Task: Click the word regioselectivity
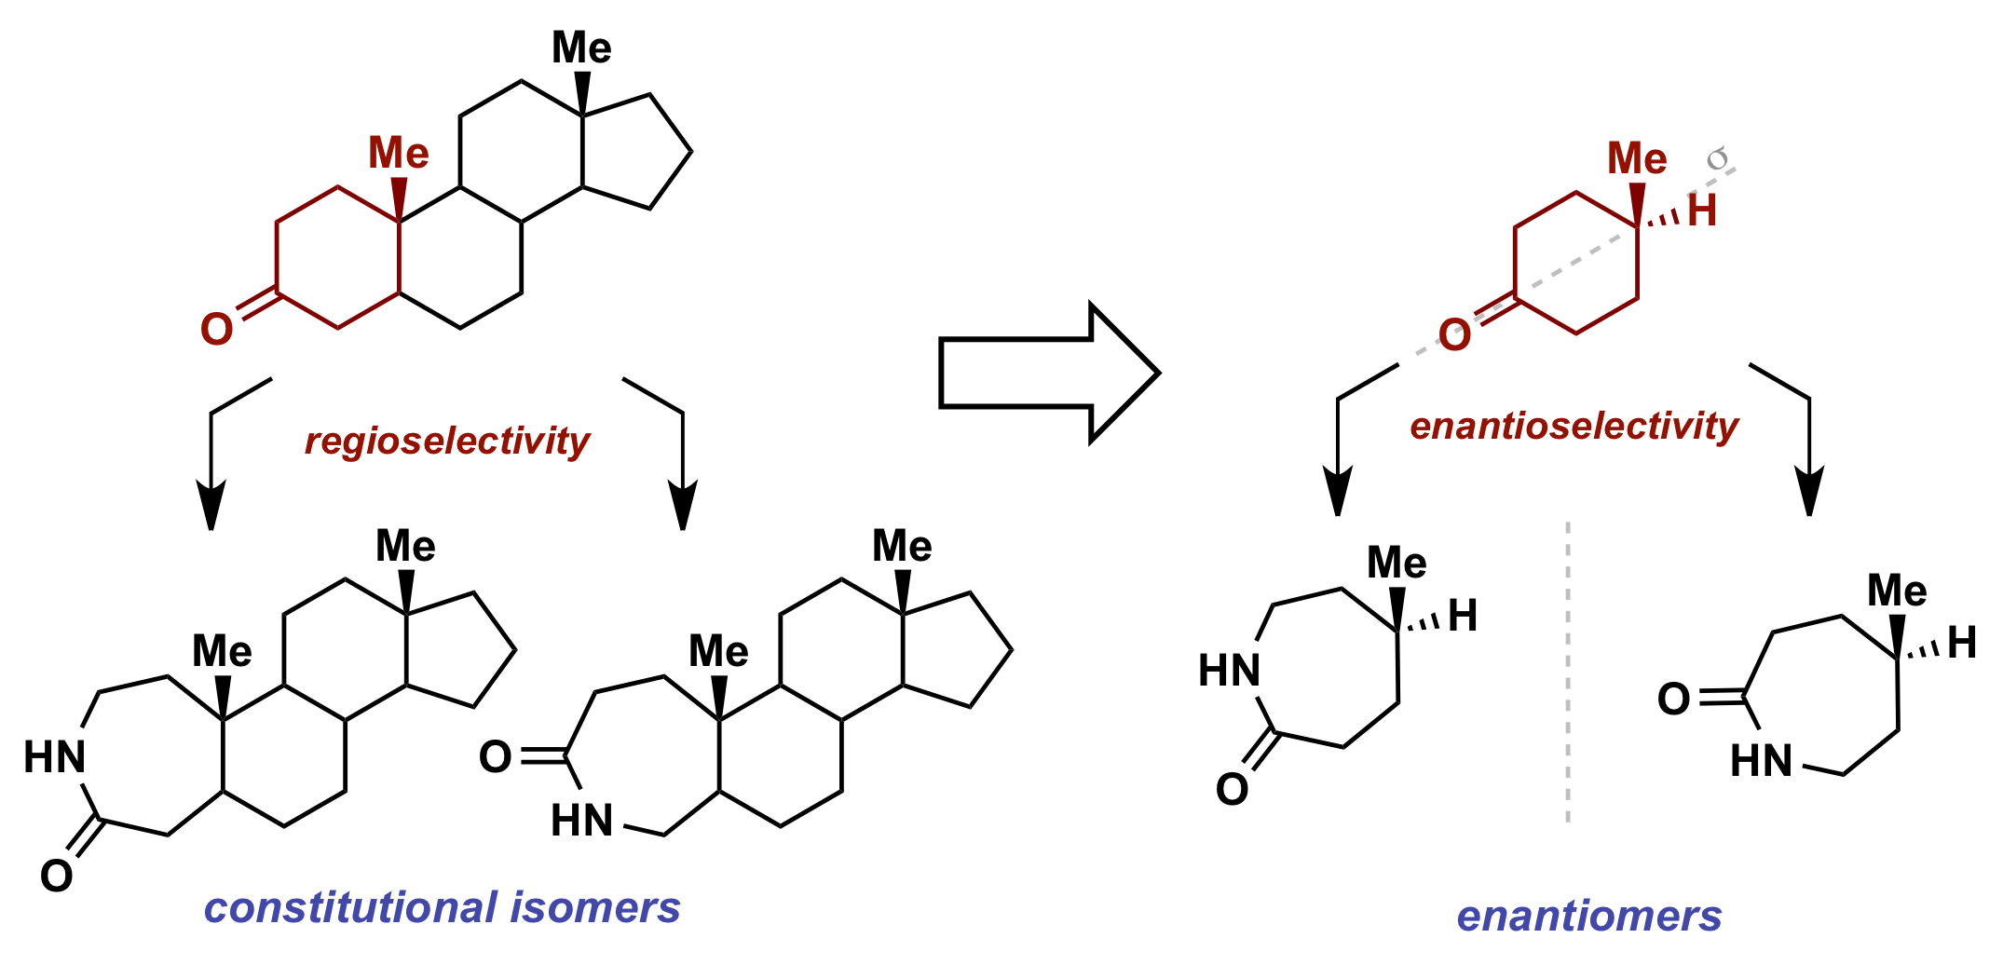(x=447, y=441)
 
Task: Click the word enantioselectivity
(x=1574, y=426)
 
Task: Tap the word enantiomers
(x=1589, y=916)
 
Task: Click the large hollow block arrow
(x=1049, y=374)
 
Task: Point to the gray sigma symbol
(x=1717, y=159)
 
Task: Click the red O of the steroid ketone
(x=217, y=329)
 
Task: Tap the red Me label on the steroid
(x=399, y=153)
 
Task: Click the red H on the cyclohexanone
(x=1702, y=211)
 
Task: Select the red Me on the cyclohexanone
(x=1637, y=158)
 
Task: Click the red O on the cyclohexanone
(x=1455, y=334)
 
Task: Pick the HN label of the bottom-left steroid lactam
(x=55, y=757)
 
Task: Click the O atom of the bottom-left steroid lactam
(x=57, y=876)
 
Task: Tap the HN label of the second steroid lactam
(x=582, y=821)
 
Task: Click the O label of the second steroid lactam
(x=496, y=757)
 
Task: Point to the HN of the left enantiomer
(x=1230, y=671)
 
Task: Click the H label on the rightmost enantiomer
(x=1962, y=643)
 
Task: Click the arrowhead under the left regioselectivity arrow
(x=211, y=506)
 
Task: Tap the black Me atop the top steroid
(x=581, y=48)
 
